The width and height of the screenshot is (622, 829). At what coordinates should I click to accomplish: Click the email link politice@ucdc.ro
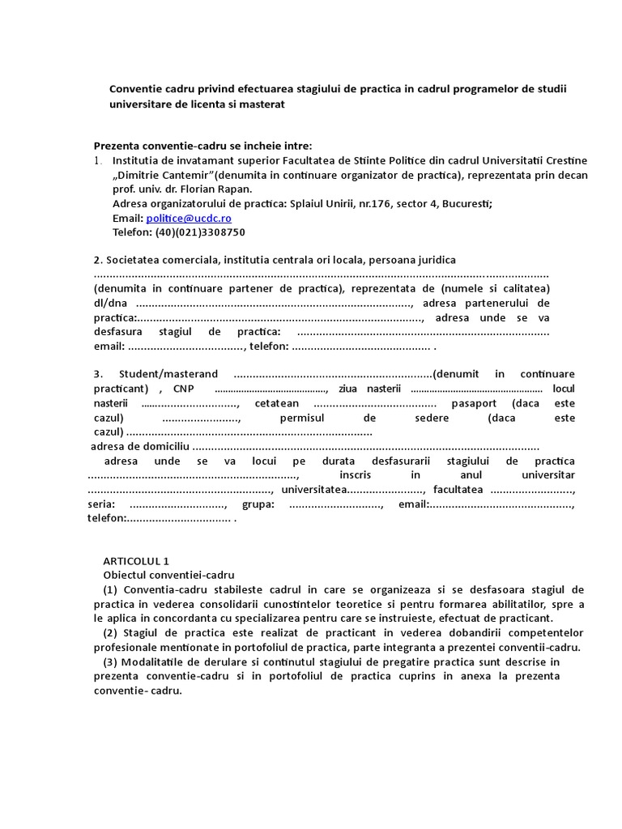point(189,219)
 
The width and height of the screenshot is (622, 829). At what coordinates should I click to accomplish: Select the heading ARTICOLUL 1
point(136,560)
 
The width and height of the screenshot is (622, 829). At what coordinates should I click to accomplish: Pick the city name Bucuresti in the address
point(466,204)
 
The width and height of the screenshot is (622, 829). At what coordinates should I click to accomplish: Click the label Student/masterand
point(168,374)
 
